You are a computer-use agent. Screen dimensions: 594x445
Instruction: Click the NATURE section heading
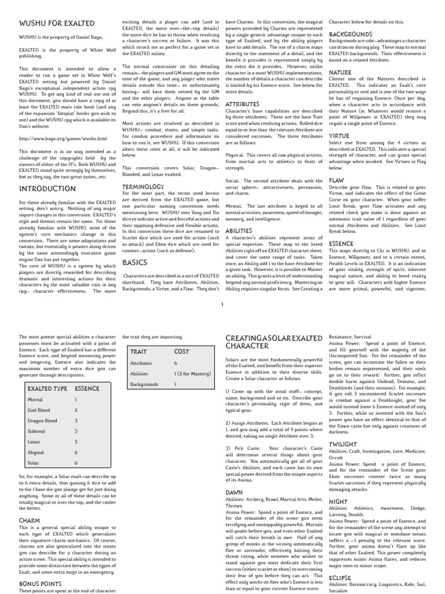click(341, 72)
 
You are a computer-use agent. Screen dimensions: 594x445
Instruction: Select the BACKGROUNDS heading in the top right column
click(350, 34)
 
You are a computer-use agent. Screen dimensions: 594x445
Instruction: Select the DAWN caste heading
click(234, 491)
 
